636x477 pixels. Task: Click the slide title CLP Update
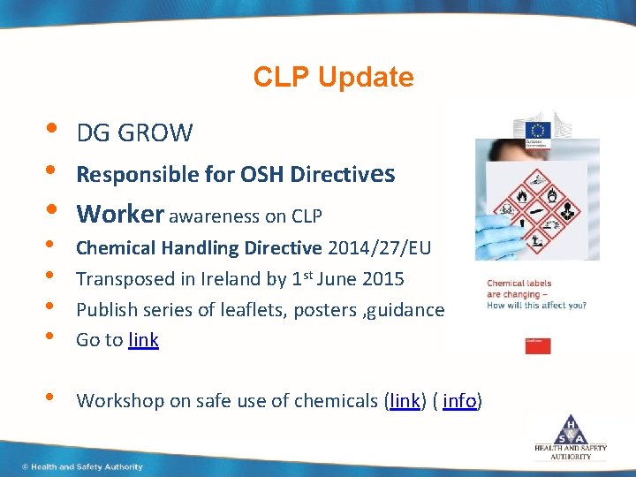tap(333, 78)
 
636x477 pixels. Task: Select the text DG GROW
tap(134, 133)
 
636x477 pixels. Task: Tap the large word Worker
tap(120, 215)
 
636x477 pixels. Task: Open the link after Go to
tap(143, 340)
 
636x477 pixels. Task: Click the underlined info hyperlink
tap(460, 401)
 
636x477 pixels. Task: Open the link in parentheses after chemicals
tap(405, 401)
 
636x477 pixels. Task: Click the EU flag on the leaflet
tap(536, 131)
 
